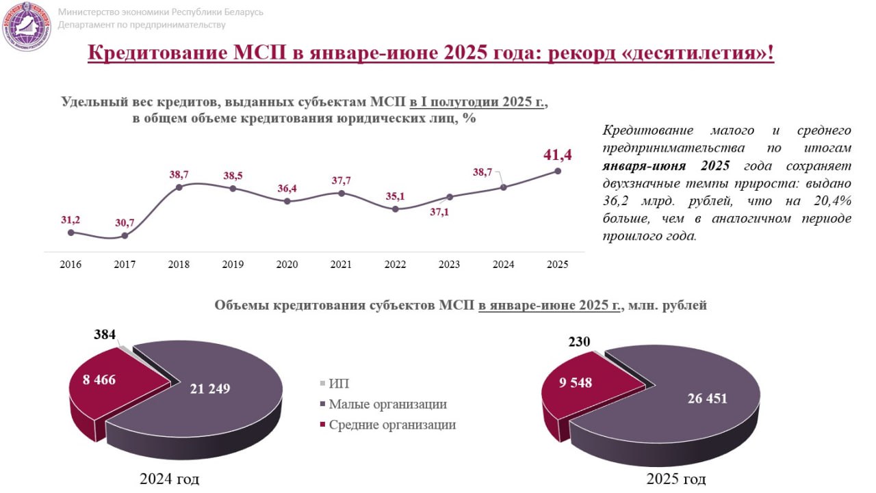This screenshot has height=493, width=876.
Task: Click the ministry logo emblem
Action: click(x=27, y=27)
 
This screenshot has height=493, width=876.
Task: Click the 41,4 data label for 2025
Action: click(x=556, y=155)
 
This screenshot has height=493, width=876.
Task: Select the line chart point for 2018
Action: click(x=179, y=187)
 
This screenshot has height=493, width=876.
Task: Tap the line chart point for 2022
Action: click(x=395, y=209)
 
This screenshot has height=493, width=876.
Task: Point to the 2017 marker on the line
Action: click(x=125, y=236)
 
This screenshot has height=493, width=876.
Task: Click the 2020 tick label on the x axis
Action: click(x=287, y=265)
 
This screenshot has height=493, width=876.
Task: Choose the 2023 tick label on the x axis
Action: click(x=449, y=265)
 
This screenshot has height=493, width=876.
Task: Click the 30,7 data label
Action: click(x=125, y=222)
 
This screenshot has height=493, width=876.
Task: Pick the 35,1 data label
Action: click(x=395, y=196)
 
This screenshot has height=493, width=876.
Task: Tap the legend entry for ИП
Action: click(x=339, y=384)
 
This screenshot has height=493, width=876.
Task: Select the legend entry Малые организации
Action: click(x=387, y=404)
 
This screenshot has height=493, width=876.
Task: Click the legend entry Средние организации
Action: click(x=391, y=425)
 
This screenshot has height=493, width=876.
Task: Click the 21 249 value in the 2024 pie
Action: click(x=210, y=388)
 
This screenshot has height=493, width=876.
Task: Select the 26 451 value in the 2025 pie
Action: click(x=707, y=399)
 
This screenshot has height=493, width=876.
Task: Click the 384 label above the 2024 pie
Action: click(x=105, y=335)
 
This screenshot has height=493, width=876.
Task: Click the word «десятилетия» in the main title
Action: click(x=697, y=53)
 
